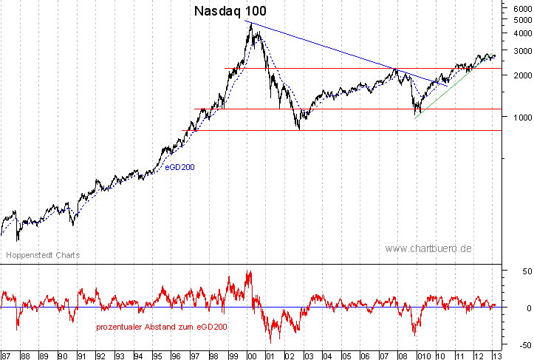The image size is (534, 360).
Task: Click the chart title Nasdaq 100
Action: [x=230, y=11]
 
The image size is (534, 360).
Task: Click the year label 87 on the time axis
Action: [x=6, y=355]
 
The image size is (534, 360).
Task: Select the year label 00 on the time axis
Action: [x=250, y=355]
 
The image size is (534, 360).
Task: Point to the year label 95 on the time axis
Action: [x=157, y=355]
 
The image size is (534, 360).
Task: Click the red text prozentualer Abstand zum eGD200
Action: [x=161, y=326]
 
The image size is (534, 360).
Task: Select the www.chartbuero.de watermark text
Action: [x=428, y=248]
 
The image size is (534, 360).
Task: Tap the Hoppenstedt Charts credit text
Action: [x=42, y=255]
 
